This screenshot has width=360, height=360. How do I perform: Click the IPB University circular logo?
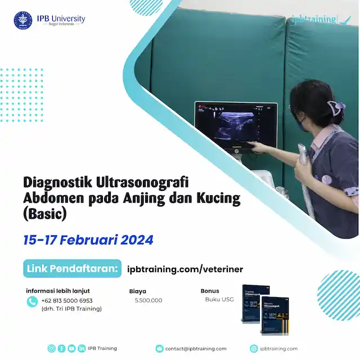click(x=23, y=20)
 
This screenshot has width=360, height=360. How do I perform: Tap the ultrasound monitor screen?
click(x=236, y=126)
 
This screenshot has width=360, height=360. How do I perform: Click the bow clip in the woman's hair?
click(x=336, y=109)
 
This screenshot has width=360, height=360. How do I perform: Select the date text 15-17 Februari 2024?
click(x=88, y=240)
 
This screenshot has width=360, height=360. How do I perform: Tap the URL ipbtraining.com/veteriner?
click(x=186, y=269)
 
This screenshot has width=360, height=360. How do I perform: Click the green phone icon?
click(x=32, y=301)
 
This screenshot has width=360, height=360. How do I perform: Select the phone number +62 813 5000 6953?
click(x=66, y=300)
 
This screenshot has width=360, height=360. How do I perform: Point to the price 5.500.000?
click(x=148, y=300)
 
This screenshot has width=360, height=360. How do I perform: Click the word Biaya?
click(x=138, y=291)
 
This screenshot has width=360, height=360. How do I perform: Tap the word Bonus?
click(x=210, y=291)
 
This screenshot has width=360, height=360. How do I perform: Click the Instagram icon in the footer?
click(x=52, y=349)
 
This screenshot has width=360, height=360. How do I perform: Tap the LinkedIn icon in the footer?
click(x=82, y=349)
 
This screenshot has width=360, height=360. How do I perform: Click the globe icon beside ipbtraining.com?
click(x=254, y=349)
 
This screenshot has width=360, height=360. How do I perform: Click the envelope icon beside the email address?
click(x=159, y=349)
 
